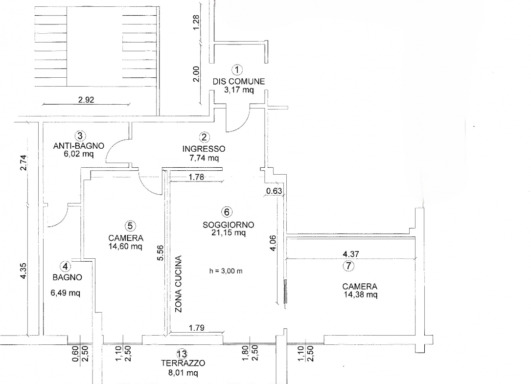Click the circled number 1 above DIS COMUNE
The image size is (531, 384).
pyautogui.click(x=237, y=70)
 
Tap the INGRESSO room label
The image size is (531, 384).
pyautogui.click(x=204, y=149)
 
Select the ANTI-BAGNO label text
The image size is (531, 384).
pyautogui.click(x=79, y=146)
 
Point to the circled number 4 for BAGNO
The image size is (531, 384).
pyautogui.click(x=66, y=267)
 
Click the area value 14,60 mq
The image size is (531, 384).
pyautogui.click(x=125, y=247)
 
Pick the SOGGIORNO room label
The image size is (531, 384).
pyautogui.click(x=228, y=225)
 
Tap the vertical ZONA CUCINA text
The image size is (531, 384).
pyautogui.click(x=179, y=284)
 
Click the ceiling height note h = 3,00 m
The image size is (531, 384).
pyautogui.click(x=226, y=271)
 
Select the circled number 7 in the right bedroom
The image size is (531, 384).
pyautogui.click(x=348, y=266)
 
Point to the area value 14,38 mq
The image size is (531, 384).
pyautogui.click(x=361, y=294)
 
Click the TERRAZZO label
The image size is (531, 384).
pyautogui.click(x=183, y=363)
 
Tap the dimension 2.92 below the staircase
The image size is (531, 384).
pyautogui.click(x=86, y=100)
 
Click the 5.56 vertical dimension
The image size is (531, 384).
pyautogui.click(x=161, y=252)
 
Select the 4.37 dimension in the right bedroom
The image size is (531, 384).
pyautogui.click(x=351, y=254)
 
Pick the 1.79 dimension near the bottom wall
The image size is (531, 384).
pyautogui.click(x=196, y=328)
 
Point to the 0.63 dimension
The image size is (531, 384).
pyautogui.click(x=274, y=191)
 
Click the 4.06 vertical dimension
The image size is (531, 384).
pyautogui.click(x=273, y=243)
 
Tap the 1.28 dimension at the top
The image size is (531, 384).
pyautogui.click(x=196, y=23)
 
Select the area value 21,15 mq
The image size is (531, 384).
pyautogui.click(x=229, y=233)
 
